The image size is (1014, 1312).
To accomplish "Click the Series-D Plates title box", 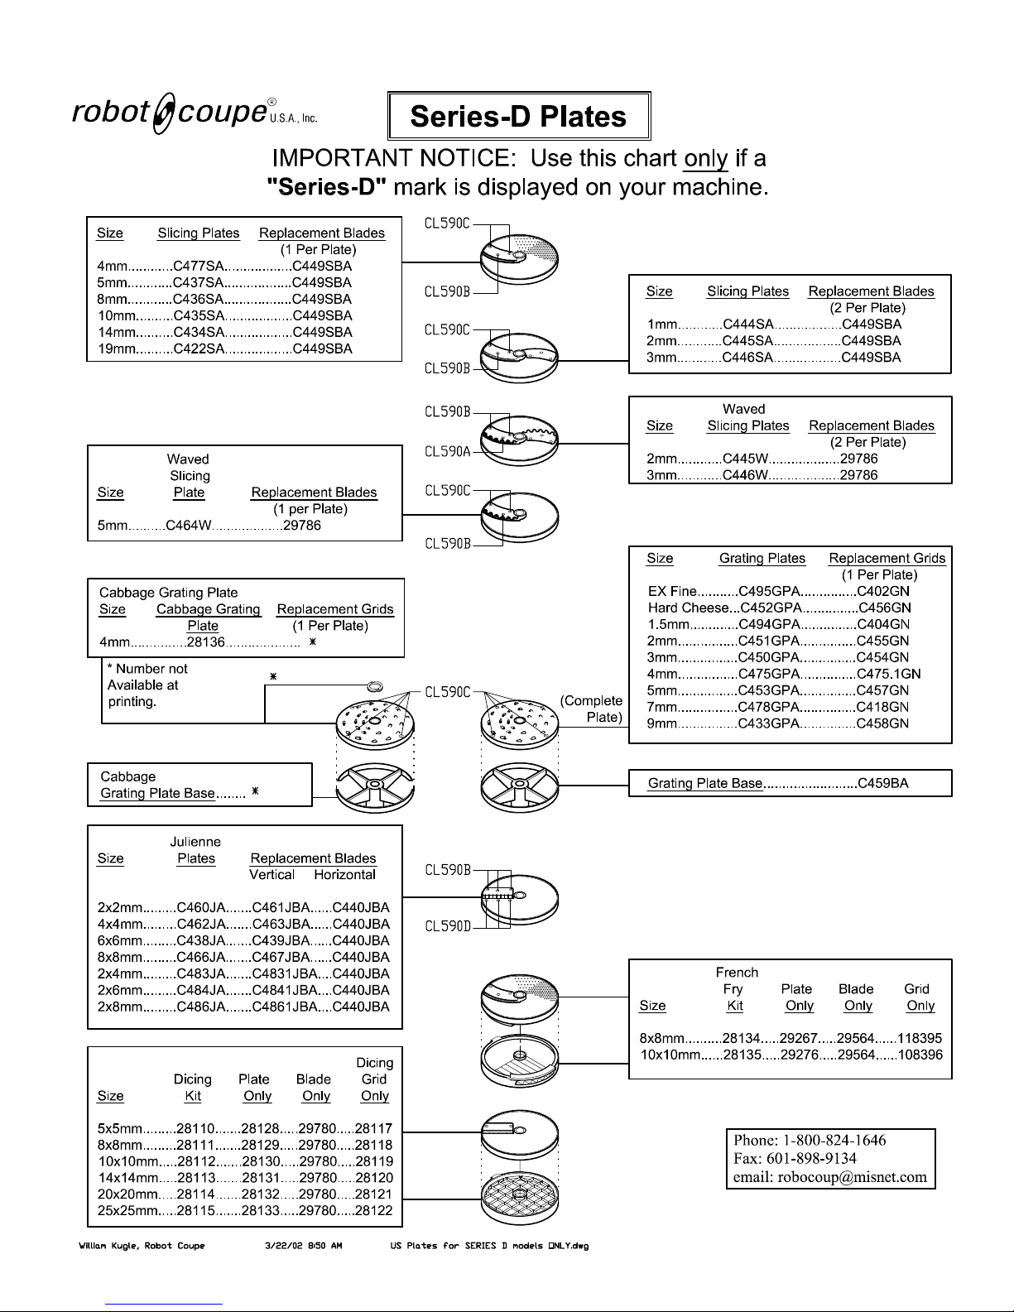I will pos(519,117).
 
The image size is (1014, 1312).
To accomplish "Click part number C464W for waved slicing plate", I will pos(190,526).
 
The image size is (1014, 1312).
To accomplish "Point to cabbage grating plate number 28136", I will pos(202,642).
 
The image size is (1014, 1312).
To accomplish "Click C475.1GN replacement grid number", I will pos(888,674).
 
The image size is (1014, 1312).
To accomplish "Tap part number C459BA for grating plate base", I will pos(883,783).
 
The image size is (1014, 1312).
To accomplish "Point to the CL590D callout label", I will pos(448,925).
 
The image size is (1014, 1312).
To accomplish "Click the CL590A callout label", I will pos(448,451).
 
